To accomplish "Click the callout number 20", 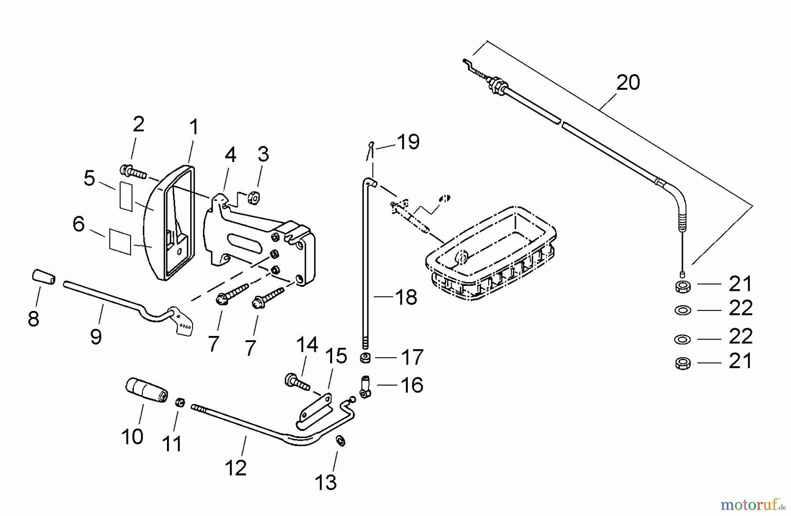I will (x=628, y=83).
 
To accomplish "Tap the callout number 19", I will (x=408, y=142).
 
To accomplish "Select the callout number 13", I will (x=326, y=483).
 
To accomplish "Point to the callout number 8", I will (x=33, y=319).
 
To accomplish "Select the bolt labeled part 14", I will (x=297, y=381).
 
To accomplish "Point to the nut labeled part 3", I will (x=253, y=198).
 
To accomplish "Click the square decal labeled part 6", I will (x=120, y=241).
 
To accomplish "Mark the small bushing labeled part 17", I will (x=365, y=358).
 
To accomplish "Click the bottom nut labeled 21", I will (x=682, y=363).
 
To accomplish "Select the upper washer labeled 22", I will (x=682, y=310).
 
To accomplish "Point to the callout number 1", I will (x=193, y=128).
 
